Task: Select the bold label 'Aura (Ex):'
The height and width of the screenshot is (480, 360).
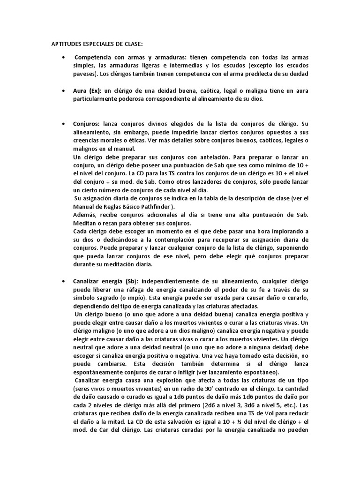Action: pos(88,90)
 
